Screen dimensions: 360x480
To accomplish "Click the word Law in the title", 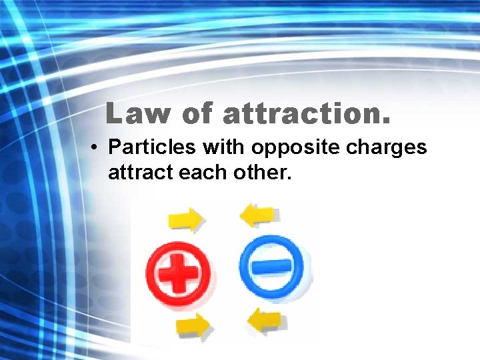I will tap(138, 114).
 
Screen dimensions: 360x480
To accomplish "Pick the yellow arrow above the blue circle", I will tap(257, 215).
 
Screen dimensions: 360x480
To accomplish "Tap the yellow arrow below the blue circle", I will tap(266, 321).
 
